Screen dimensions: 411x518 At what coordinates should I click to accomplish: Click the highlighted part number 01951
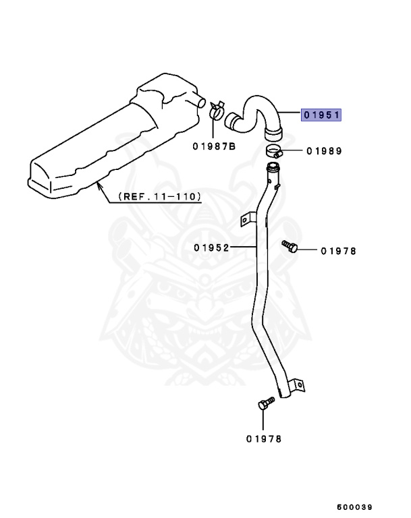[321, 115]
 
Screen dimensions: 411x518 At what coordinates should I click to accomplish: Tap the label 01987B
[213, 146]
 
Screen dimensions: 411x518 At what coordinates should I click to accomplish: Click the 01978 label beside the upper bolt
[338, 251]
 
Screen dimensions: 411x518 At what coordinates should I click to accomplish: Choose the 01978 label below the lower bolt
[264, 438]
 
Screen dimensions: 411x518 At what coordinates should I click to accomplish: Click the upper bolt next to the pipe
[290, 246]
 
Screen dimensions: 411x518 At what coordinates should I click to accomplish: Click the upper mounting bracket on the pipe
[247, 218]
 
